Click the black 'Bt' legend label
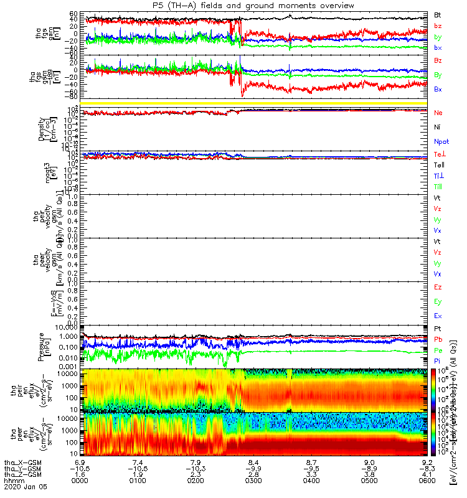438,14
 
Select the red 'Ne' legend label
438,113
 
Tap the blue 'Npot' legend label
441,141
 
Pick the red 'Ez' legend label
438,288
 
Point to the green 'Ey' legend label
438,302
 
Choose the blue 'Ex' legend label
438,316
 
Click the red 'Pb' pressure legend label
438,339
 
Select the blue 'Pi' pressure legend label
438,360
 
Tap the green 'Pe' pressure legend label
438,350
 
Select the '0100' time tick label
139,481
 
